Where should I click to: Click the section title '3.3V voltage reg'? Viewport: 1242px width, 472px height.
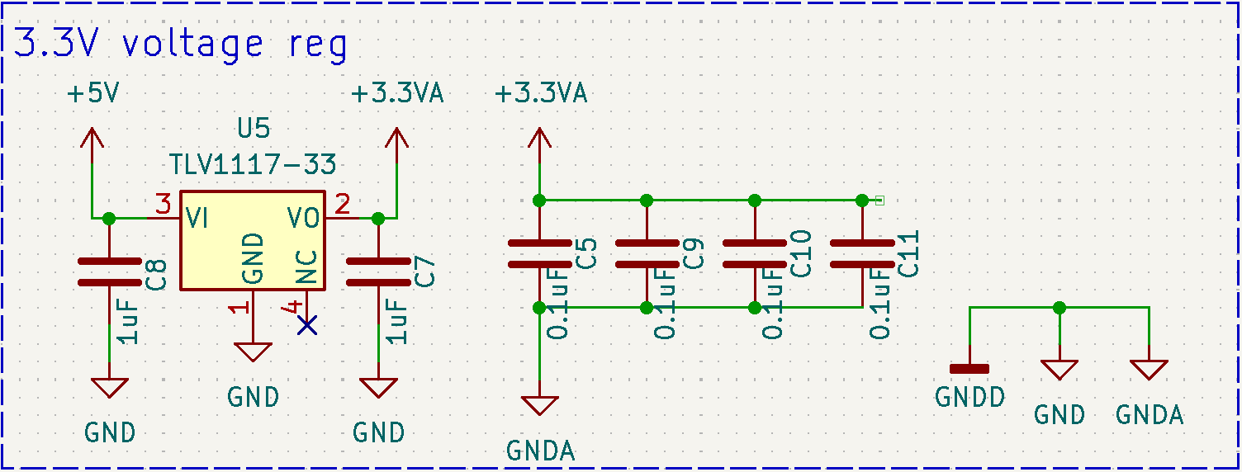tap(181, 45)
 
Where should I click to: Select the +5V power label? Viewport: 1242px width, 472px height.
tap(92, 94)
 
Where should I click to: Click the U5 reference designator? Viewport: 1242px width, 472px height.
tap(254, 130)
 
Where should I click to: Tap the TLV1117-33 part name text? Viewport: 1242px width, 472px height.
tap(253, 164)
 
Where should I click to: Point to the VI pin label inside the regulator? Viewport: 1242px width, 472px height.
tap(197, 219)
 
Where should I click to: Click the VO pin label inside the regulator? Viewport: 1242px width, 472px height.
tap(304, 219)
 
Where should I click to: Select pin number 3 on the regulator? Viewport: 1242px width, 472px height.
tap(164, 202)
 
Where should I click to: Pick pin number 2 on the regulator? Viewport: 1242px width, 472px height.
tap(342, 202)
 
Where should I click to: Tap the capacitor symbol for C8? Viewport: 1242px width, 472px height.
tap(109, 271)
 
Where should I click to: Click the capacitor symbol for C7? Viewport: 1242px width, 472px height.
tap(378, 271)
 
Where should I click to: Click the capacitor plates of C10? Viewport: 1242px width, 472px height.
tap(754, 253)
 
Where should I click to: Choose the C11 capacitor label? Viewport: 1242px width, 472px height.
tap(908, 253)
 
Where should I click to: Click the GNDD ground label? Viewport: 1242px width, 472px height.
tap(969, 398)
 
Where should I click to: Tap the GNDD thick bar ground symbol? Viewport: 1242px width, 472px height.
tap(969, 369)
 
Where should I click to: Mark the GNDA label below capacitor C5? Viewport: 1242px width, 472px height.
tap(540, 451)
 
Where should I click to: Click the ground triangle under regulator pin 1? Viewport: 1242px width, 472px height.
tap(254, 352)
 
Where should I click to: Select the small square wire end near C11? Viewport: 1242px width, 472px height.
tap(879, 200)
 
